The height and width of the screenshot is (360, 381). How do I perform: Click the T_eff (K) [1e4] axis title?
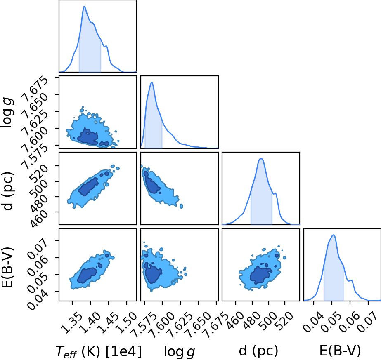98,351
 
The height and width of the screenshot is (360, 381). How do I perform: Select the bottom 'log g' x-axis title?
180,351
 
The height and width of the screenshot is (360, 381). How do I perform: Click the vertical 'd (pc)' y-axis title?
7,191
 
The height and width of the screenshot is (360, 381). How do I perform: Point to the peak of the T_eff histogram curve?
84,6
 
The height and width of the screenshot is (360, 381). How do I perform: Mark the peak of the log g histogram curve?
152,82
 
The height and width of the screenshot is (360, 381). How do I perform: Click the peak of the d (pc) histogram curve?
261,159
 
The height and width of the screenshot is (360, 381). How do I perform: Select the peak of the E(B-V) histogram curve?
334,235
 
